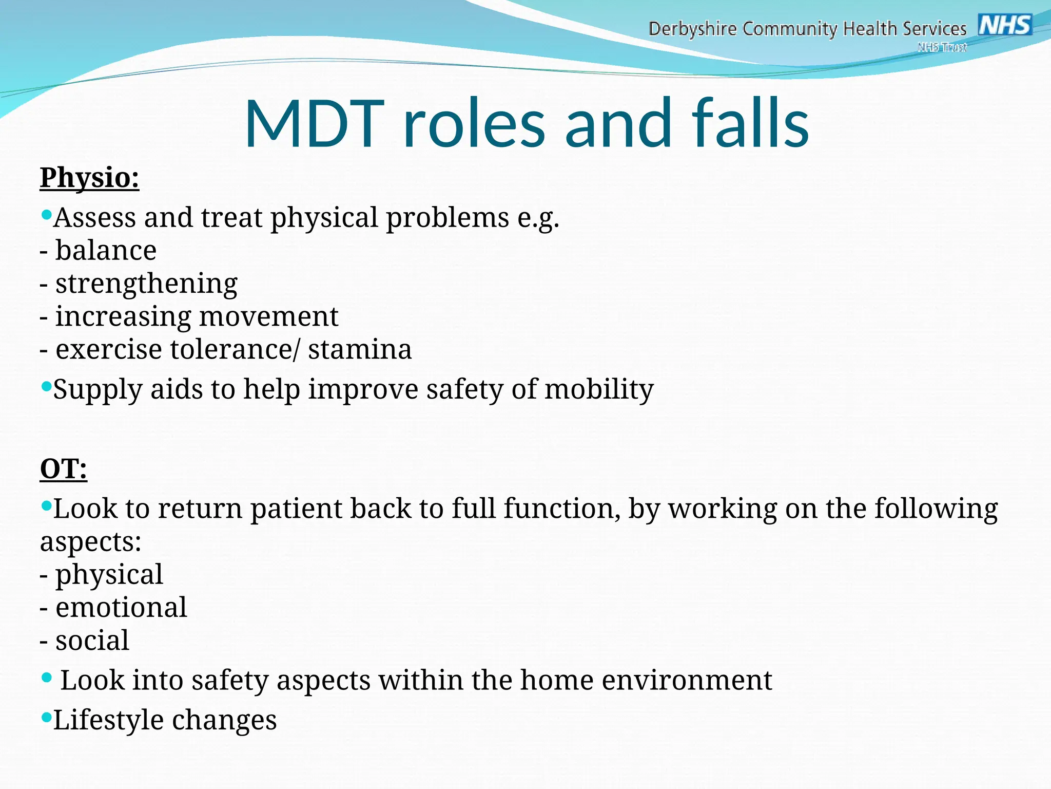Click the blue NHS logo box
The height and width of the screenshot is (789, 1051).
[1005, 25]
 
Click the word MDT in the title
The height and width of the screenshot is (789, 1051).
[314, 124]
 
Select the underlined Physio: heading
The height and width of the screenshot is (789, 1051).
[89, 178]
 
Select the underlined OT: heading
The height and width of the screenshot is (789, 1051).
[64, 468]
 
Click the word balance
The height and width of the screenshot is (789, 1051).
[106, 251]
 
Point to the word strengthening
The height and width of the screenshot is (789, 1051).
[146, 284]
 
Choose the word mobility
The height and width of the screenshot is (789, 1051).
[599, 389]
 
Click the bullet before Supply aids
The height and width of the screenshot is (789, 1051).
[46, 385]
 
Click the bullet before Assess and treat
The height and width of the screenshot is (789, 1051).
[46, 213]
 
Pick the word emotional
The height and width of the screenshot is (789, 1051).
[121, 607]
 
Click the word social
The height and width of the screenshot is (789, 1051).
[92, 641]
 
